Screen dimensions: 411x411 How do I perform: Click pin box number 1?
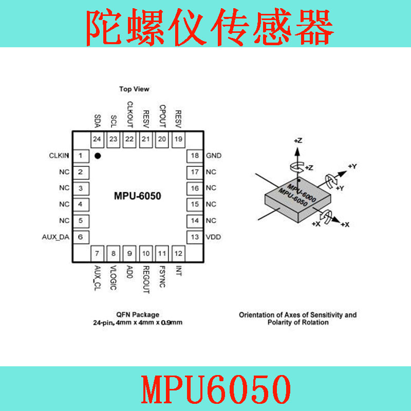pyautogui.click(x=81, y=156)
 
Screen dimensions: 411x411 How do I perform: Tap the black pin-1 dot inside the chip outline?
pyautogui.click(x=98, y=156)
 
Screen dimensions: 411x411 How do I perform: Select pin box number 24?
pyautogui.click(x=97, y=139)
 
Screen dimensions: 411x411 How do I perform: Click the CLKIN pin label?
pyautogui.click(x=59, y=156)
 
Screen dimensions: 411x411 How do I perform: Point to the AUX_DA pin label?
pyautogui.click(x=55, y=237)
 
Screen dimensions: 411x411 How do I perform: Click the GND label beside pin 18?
pyautogui.click(x=214, y=156)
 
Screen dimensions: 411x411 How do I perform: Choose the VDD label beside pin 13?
pyautogui.click(x=213, y=237)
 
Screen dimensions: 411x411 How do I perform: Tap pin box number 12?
pyautogui.click(x=178, y=253)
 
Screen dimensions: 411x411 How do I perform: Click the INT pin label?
pyautogui.click(x=178, y=271)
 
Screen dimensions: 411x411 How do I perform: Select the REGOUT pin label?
pyautogui.click(x=146, y=279)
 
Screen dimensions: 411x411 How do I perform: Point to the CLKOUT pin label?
pyautogui.click(x=130, y=115)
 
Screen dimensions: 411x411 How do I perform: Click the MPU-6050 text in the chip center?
pyautogui.click(x=138, y=196)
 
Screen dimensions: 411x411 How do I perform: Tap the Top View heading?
pyautogui.click(x=134, y=89)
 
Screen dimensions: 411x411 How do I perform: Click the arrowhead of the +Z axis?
pyautogui.click(x=297, y=152)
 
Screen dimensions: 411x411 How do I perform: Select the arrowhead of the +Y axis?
pyautogui.click(x=342, y=174)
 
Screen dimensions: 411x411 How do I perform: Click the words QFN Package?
pyautogui.click(x=138, y=314)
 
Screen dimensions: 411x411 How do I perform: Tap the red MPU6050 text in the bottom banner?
pyautogui.click(x=216, y=389)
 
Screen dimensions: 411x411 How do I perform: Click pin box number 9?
pyautogui.click(x=129, y=253)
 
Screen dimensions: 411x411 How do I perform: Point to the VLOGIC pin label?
pyautogui.click(x=113, y=278)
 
